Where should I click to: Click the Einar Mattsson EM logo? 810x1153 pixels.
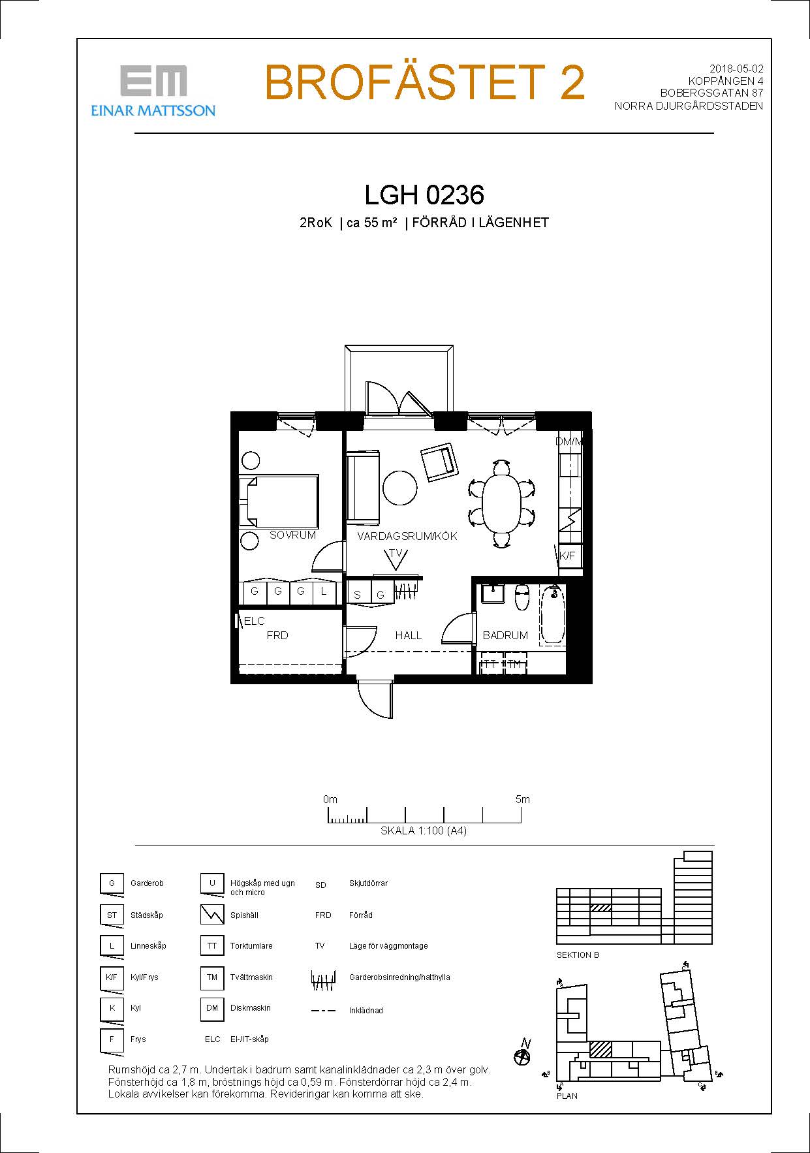tap(153, 90)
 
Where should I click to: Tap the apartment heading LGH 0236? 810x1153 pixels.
tap(424, 195)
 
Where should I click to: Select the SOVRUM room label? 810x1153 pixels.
tap(292, 535)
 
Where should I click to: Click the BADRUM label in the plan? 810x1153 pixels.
tap(505, 635)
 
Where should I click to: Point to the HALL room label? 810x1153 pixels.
tap(409, 635)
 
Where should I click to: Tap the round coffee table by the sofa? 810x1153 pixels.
tap(399, 488)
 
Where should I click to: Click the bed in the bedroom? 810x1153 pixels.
tap(279, 501)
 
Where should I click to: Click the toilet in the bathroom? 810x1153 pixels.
tap(522, 597)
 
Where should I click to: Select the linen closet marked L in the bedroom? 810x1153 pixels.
tap(324, 592)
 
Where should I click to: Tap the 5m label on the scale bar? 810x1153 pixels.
tap(522, 799)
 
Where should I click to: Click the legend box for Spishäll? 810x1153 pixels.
tap(212, 914)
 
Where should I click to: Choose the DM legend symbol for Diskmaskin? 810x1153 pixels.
tap(212, 1008)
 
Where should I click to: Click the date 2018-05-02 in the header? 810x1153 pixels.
tap(736, 69)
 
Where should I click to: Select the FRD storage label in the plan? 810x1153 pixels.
tap(277, 635)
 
